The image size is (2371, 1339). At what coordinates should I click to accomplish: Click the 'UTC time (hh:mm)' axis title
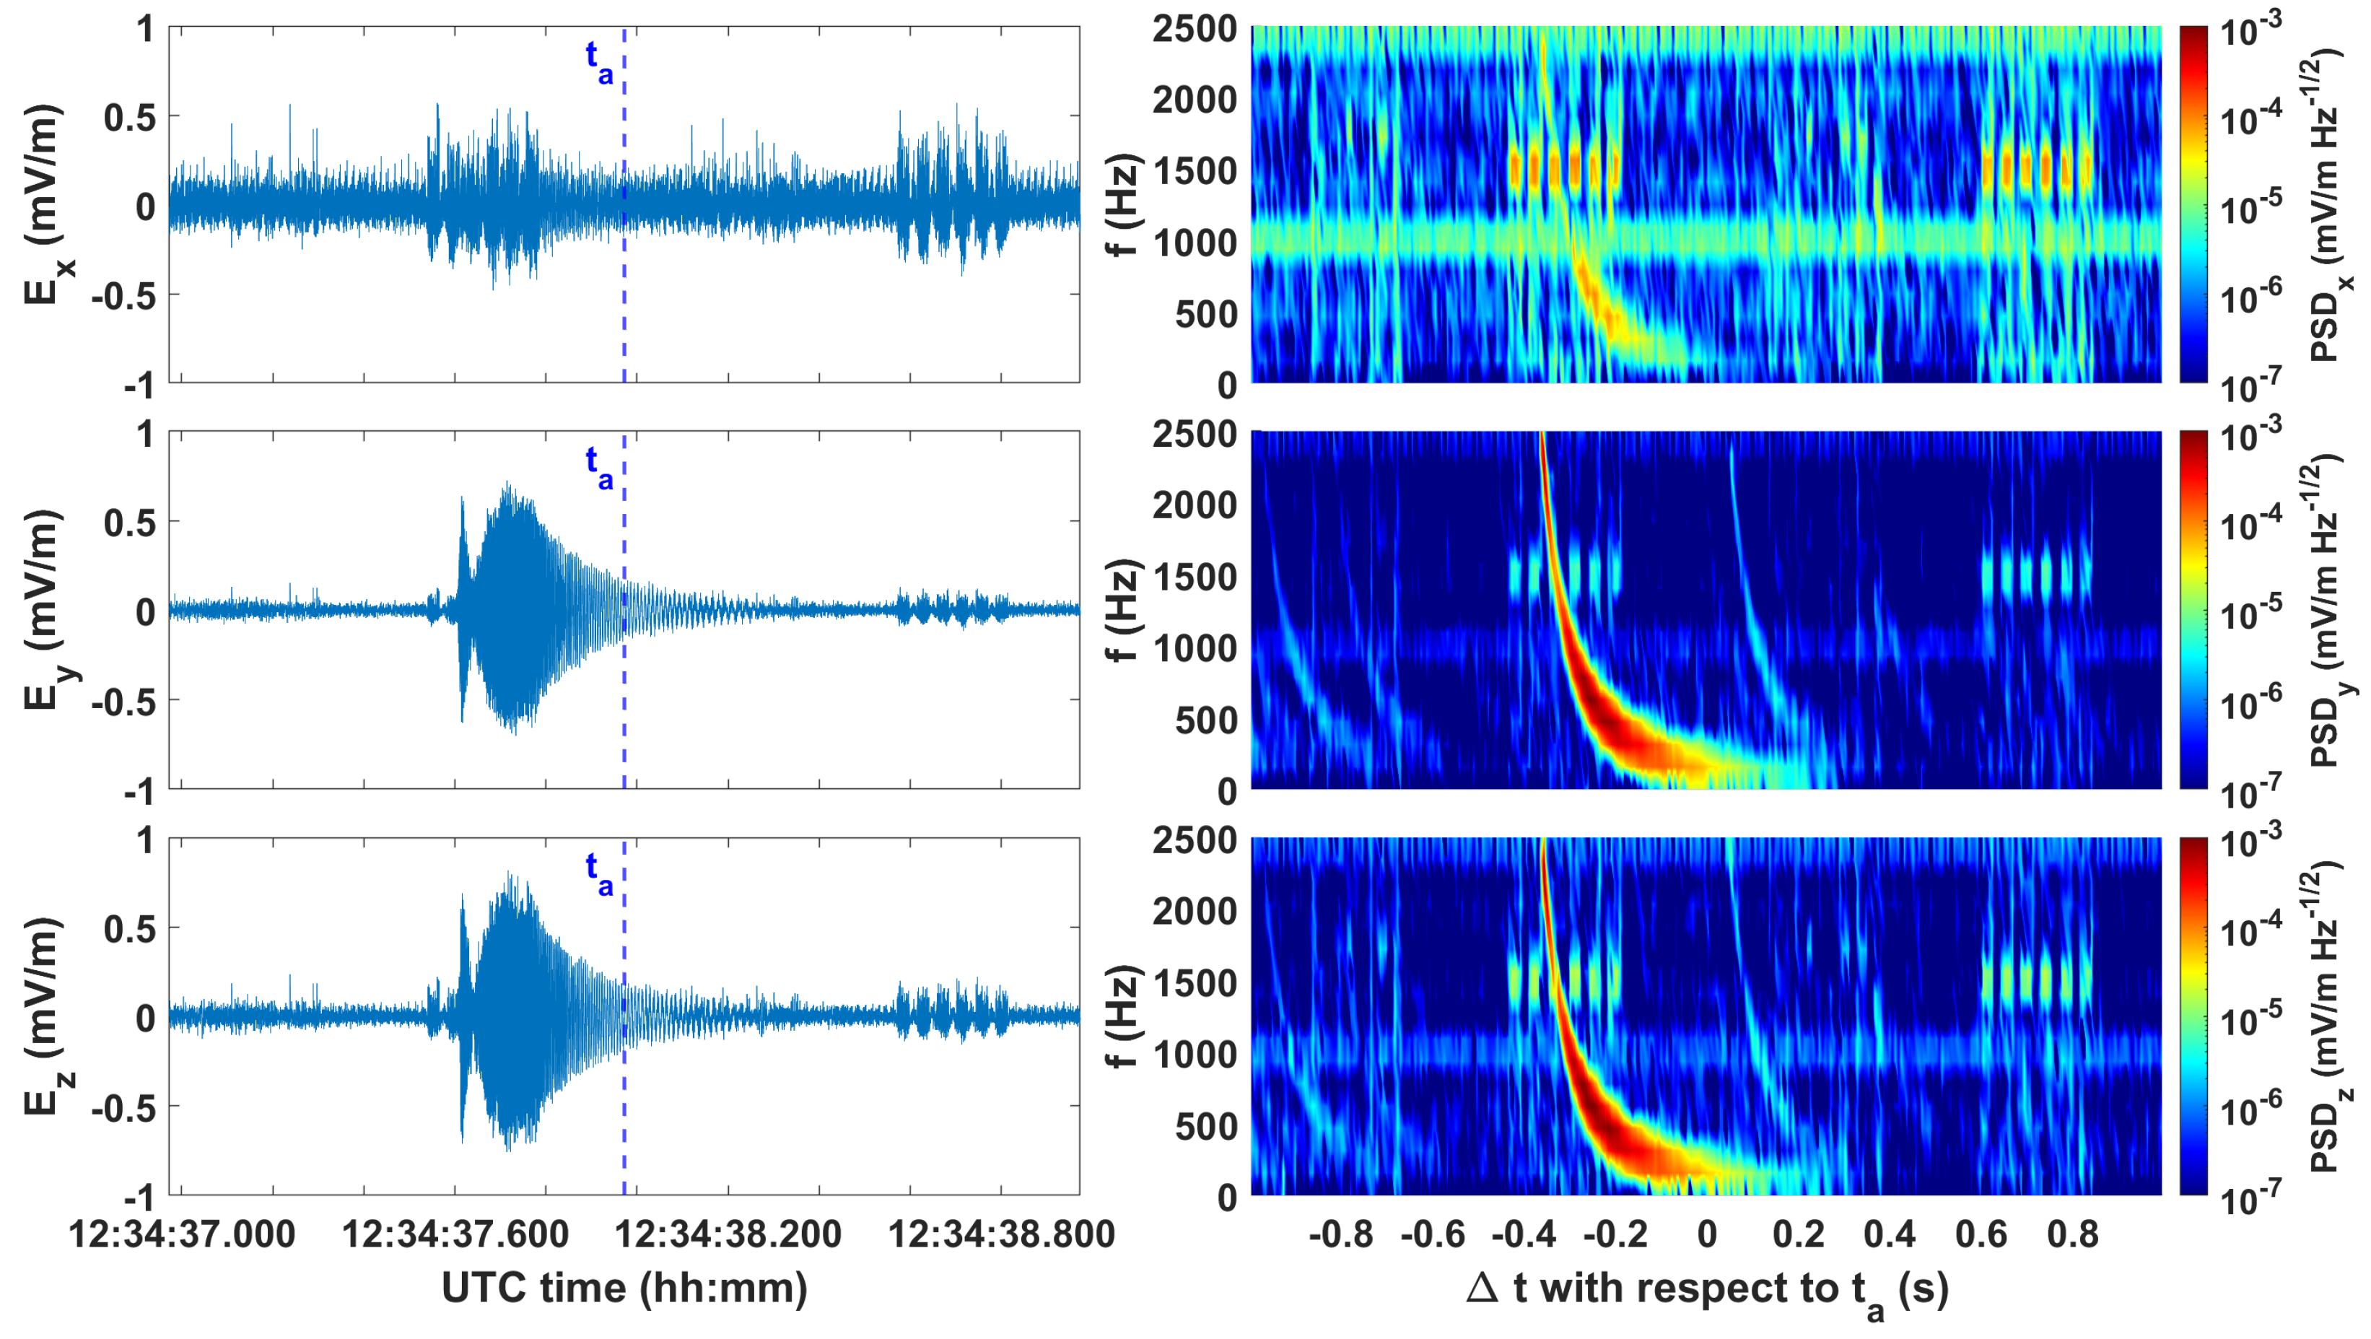tap(624, 1288)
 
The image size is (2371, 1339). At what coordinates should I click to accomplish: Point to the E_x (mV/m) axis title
tap(46, 204)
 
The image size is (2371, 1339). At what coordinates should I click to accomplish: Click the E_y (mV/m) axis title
tap(46, 610)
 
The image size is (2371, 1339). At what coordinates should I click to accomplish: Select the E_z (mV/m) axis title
tap(46, 1017)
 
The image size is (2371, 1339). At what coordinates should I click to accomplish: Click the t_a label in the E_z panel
tap(599, 873)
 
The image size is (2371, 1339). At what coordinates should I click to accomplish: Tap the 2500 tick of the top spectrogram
tap(1195, 29)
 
